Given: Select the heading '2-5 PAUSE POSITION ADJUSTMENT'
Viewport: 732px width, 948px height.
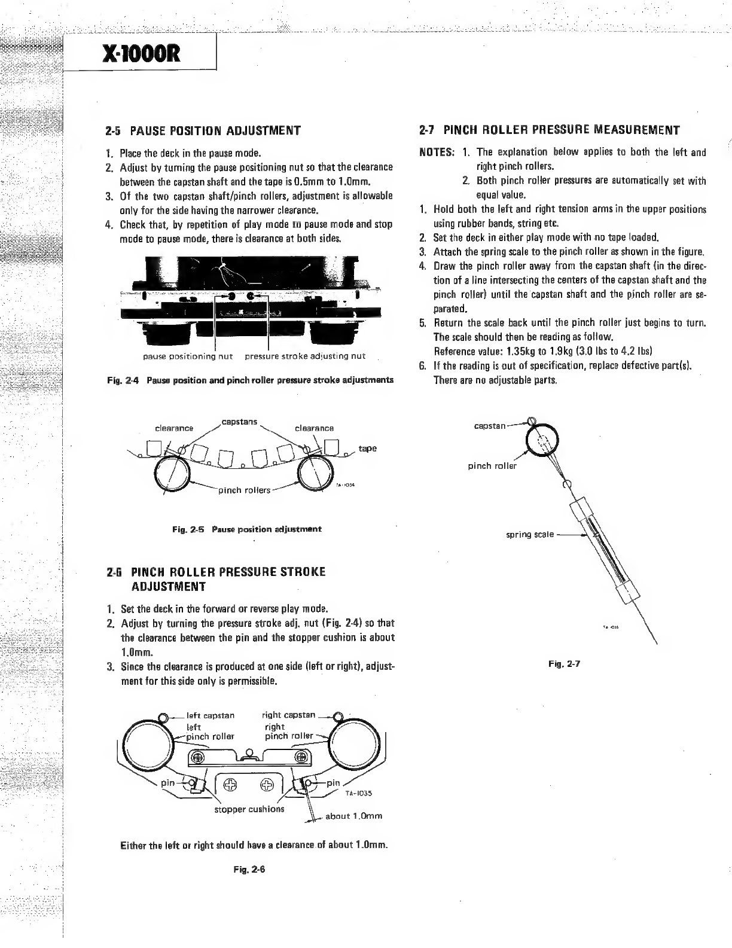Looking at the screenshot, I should pyautogui.click(x=202, y=130).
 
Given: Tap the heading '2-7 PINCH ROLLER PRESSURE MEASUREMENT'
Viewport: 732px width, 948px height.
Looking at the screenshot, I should pyautogui.click(x=550, y=130).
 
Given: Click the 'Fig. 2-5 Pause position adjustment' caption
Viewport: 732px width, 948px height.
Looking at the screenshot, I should pyautogui.click(x=246, y=529).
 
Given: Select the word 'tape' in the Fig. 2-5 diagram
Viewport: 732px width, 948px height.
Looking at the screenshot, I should pyautogui.click(x=367, y=449).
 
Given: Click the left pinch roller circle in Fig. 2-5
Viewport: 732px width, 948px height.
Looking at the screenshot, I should pyautogui.click(x=173, y=473).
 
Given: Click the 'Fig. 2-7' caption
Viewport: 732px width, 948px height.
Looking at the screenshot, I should pyautogui.click(x=563, y=663).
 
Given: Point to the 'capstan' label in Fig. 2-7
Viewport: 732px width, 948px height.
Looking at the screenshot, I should pyautogui.click(x=490, y=426).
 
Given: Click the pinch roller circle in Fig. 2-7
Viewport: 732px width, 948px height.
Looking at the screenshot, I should pyautogui.click(x=541, y=442).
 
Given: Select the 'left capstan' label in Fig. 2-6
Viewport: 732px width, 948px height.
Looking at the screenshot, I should pyautogui.click(x=211, y=715).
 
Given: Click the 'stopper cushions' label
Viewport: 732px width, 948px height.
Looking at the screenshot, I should pyautogui.click(x=249, y=809).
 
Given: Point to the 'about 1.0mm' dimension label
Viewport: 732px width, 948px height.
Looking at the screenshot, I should pyautogui.click(x=353, y=816).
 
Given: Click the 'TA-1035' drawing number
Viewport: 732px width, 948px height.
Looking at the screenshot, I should pyautogui.click(x=359, y=794).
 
